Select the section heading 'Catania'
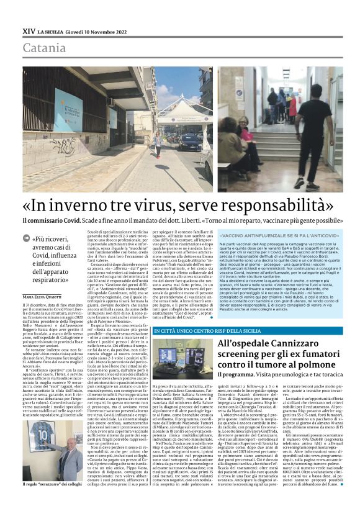(45, 48)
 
